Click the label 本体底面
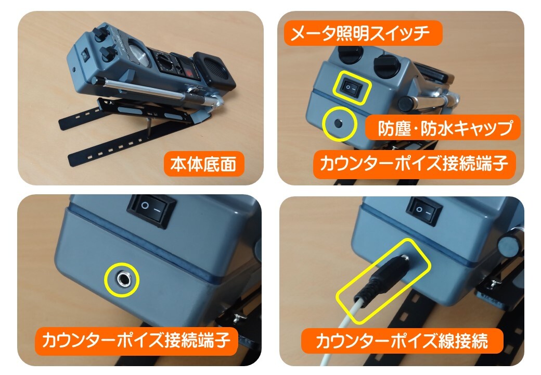(x=203, y=164)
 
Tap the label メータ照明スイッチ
(x=362, y=33)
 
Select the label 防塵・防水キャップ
(x=443, y=128)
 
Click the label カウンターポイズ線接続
(x=402, y=341)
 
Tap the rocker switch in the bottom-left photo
(x=152, y=210)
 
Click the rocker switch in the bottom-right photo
(x=424, y=211)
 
